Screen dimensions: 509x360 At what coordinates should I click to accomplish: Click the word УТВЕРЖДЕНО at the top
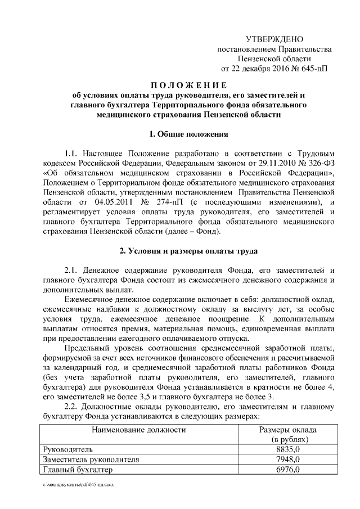point(274,39)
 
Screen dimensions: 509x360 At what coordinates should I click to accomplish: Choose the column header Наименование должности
point(138,430)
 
